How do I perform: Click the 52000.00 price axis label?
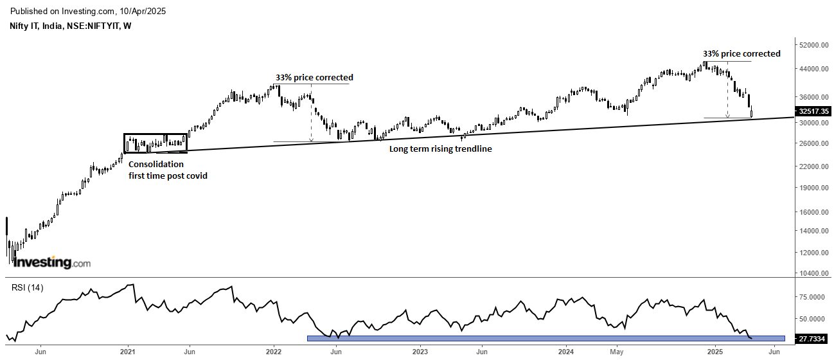813,46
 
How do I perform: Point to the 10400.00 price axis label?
813,273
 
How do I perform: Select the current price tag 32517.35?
812,111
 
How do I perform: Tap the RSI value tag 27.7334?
812,338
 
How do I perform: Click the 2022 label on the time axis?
274,351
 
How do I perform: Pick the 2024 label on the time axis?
566,351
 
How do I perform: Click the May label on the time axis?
617,351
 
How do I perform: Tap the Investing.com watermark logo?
52,262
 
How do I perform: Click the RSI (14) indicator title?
27,287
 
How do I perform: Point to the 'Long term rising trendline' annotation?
441,148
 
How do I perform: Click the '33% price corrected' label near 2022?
314,77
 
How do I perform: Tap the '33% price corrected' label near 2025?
741,53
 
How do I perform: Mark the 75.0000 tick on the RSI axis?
811,297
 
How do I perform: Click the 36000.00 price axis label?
813,97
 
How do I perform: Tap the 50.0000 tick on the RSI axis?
811,319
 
